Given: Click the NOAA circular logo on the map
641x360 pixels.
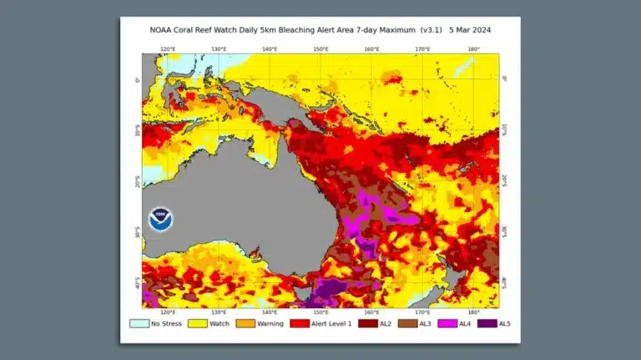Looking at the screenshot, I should click(161, 219).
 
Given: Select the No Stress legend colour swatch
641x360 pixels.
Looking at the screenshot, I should click(139, 323).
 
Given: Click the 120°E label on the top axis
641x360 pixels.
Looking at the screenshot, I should click(168, 49).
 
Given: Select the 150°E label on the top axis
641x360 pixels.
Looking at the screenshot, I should click(320, 49).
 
